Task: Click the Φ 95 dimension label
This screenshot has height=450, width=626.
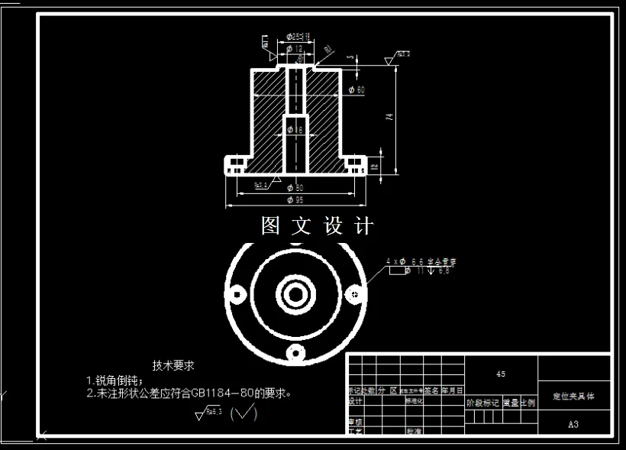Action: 295,200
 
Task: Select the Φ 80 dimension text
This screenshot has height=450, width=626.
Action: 295,187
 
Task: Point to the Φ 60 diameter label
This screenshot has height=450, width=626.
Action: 356,90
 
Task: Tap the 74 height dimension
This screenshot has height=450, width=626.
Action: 389,117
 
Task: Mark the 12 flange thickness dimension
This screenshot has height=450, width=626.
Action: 374,166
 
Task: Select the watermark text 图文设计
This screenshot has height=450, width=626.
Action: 318,226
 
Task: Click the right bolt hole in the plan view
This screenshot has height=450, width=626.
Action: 354,292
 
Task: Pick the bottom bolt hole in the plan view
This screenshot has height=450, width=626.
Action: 295,351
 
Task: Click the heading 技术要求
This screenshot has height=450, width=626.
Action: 173,365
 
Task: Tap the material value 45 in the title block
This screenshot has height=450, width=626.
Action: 501,374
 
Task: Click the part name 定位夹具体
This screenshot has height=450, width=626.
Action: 573,397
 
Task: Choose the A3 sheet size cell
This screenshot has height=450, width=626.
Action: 574,423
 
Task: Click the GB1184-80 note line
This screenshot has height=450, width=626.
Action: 191,393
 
